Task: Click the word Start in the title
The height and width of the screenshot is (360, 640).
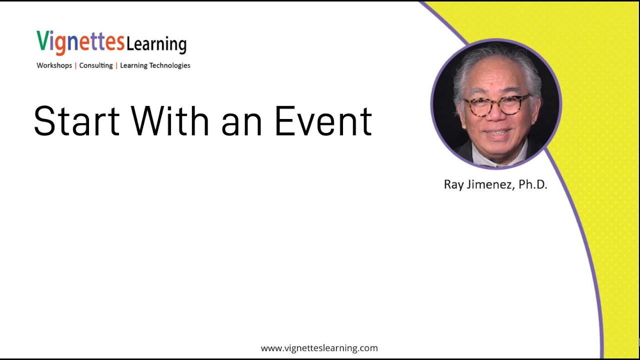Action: pos(76,121)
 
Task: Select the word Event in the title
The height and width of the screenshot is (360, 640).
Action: pos(323,121)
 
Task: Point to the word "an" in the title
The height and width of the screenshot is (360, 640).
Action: pos(241,124)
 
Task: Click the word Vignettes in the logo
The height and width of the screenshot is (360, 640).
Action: pos(80,42)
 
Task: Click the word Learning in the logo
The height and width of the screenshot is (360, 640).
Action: pos(156,44)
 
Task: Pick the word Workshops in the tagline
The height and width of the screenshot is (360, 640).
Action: pos(54,65)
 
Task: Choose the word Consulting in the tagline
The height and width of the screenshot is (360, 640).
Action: pos(96,65)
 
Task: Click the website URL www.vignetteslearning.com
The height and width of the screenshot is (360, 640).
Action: pos(319,348)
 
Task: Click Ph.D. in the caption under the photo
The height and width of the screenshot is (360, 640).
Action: pos(532,184)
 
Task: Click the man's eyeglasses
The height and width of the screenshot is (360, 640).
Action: pos(497,105)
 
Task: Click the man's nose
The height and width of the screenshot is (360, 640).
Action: pos(495,117)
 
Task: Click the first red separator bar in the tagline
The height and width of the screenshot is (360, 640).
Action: pos(75,65)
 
